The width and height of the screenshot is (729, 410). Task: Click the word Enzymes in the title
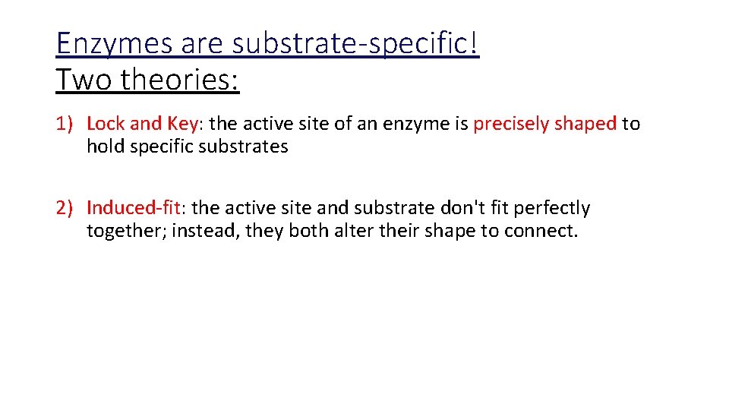pyautogui.click(x=114, y=44)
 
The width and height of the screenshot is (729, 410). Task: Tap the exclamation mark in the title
pyautogui.click(x=475, y=44)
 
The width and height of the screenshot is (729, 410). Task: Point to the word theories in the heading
pyautogui.click(x=178, y=79)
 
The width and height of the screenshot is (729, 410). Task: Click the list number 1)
pyautogui.click(x=66, y=124)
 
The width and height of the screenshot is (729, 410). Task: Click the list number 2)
pyautogui.click(x=66, y=208)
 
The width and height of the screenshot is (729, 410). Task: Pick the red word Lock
pyautogui.click(x=104, y=124)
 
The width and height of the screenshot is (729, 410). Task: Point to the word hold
pyautogui.click(x=105, y=147)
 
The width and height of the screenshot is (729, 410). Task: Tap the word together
pyautogui.click(x=125, y=232)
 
